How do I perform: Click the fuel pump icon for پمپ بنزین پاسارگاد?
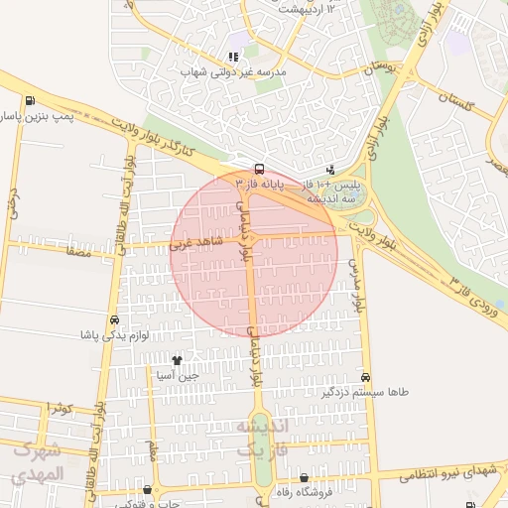31,100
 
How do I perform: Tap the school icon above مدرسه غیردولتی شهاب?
233,58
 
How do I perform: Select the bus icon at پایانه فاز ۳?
259,169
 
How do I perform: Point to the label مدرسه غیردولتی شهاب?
232,72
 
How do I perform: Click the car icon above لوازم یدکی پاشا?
116,320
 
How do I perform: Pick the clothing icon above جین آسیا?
178,361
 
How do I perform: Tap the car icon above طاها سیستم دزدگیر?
366,377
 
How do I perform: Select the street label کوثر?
59,408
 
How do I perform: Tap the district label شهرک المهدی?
39,461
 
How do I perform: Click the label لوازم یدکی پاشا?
116,335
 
